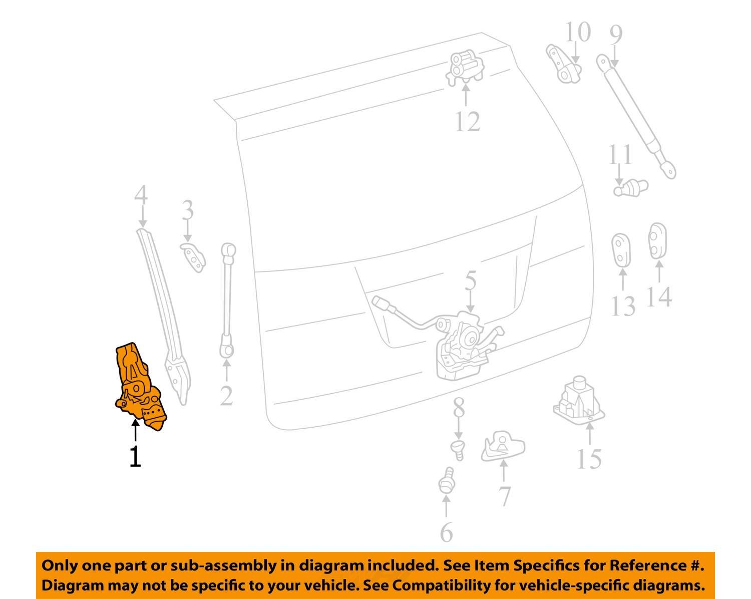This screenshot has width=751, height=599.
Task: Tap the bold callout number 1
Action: tap(135, 457)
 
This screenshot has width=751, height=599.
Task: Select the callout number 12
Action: tap(468, 121)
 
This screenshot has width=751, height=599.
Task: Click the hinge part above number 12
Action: tap(465, 69)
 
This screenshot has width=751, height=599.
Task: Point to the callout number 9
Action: tap(616, 34)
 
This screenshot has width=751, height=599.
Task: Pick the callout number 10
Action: tap(578, 32)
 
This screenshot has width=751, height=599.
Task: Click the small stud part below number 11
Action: tap(631, 188)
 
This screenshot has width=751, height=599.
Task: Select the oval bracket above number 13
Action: tap(621, 249)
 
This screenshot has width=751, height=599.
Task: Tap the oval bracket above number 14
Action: tap(657, 241)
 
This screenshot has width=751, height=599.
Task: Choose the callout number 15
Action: tap(589, 459)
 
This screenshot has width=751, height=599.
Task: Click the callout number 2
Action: tap(226, 396)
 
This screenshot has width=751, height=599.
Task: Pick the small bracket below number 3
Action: tap(193, 257)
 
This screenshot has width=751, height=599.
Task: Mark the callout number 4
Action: tap(141, 195)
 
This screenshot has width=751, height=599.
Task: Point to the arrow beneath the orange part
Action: tap(135, 431)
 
